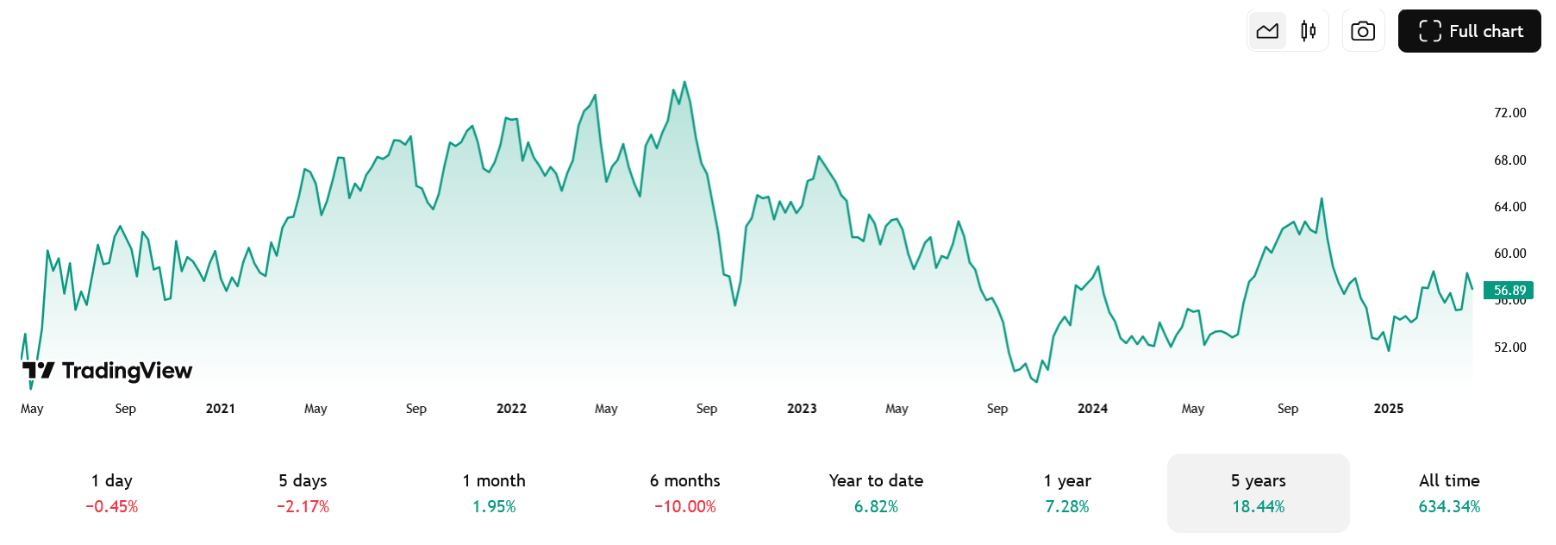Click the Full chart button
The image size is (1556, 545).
[1469, 31]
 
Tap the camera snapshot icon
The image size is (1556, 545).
[1363, 31]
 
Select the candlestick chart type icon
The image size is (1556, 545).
[1308, 31]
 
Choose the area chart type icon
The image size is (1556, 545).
[1267, 31]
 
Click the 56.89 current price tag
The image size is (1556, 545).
[1509, 291]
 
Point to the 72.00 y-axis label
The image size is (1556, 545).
[1509, 113]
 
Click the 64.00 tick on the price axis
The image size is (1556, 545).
[1509, 207]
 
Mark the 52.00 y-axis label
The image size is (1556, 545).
[1509, 348]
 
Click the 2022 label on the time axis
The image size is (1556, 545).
[511, 409]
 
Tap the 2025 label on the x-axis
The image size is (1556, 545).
[1388, 409]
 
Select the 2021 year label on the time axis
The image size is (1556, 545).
[221, 409]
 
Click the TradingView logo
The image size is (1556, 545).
[107, 371]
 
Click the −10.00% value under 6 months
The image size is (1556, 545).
[685, 507]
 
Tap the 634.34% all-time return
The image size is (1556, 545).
[1449, 507]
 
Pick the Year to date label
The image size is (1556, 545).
[876, 480]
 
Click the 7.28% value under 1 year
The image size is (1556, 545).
[1067, 507]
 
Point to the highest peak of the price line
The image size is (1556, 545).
[684, 82]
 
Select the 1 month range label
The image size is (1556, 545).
[494, 480]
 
